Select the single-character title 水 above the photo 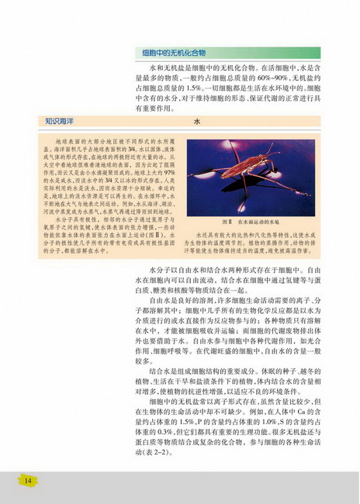click(196, 122)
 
